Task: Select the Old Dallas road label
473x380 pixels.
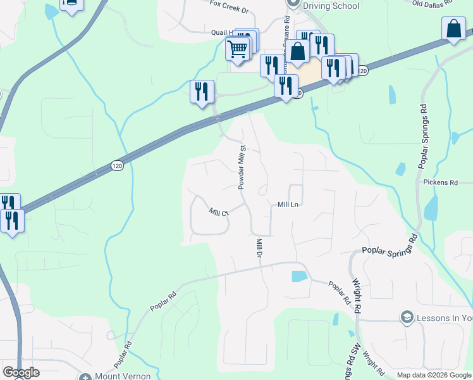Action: (x=433, y=3)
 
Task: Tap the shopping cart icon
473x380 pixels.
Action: (x=238, y=48)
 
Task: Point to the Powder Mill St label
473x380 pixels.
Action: (x=241, y=167)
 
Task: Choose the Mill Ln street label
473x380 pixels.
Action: (x=288, y=205)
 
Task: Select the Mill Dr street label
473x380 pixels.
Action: (x=259, y=248)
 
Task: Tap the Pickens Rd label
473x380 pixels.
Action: (x=441, y=182)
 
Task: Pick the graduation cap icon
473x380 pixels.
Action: (x=407, y=317)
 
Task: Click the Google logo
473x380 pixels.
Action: (x=21, y=372)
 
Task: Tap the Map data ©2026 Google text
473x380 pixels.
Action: (x=434, y=375)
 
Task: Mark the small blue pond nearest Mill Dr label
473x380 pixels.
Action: (x=298, y=276)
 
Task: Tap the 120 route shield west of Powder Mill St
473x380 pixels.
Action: (x=116, y=165)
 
